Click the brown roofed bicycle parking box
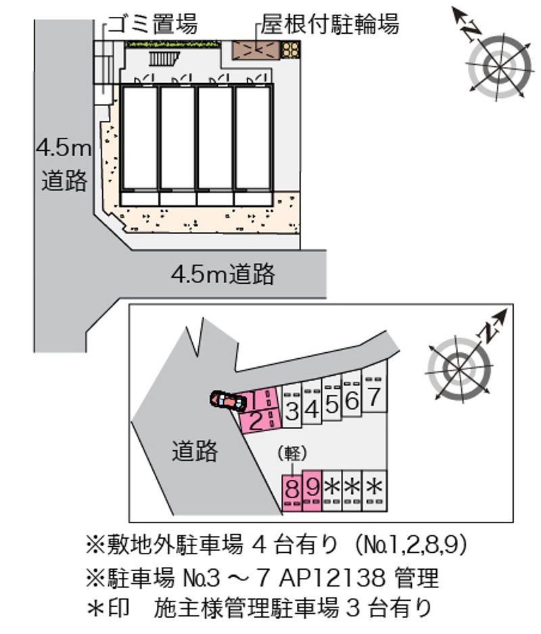click(256, 50)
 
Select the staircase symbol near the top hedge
click(164, 59)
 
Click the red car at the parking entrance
click(228, 400)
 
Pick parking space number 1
click(258, 400)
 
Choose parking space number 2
click(260, 421)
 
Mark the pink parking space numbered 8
click(291, 491)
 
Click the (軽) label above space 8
click(291, 454)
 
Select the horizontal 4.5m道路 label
click(223, 274)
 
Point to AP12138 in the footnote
click(331, 578)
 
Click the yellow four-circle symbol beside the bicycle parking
click(291, 50)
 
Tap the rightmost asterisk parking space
click(375, 491)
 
